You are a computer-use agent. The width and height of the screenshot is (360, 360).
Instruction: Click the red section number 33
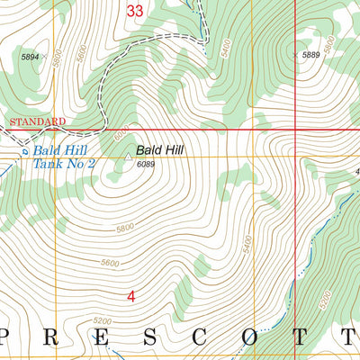(135, 11)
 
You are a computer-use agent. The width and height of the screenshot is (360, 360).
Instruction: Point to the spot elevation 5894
(31, 57)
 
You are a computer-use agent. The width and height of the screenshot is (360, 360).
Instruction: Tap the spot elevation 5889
(311, 56)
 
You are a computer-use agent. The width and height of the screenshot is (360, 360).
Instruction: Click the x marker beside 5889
(296, 56)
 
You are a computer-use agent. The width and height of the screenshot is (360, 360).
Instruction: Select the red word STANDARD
(37, 121)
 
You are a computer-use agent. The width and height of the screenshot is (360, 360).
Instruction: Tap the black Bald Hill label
(160, 150)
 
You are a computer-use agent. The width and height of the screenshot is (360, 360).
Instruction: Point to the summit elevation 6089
(146, 165)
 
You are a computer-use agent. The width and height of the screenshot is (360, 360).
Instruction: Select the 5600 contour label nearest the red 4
(110, 263)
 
